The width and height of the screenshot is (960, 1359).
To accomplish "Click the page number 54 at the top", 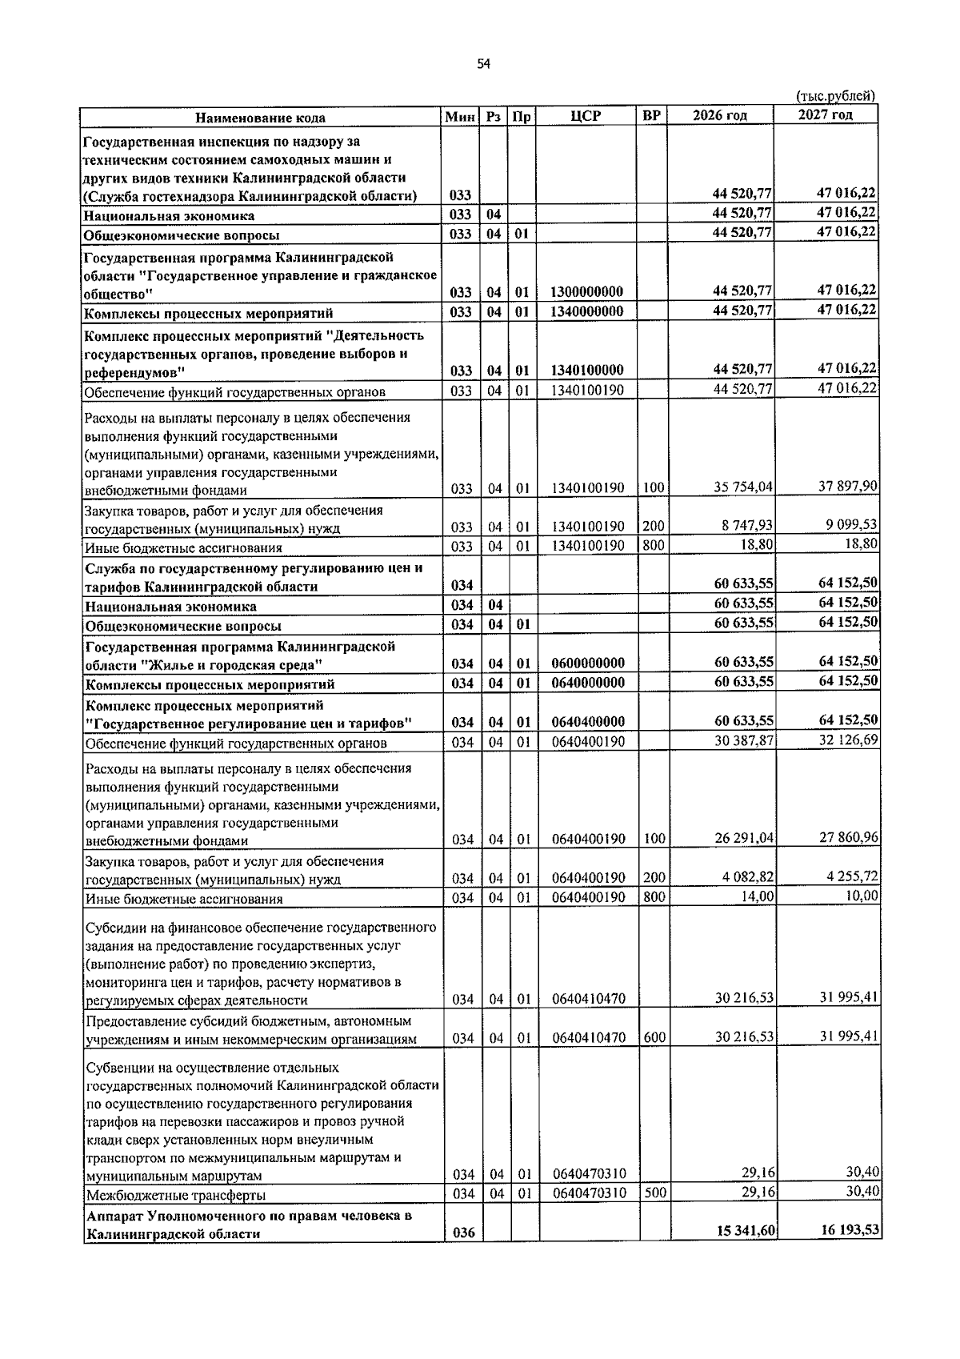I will click(482, 64).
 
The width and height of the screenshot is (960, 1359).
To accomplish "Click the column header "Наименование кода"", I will click(261, 118).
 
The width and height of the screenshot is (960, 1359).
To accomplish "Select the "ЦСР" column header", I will click(586, 116).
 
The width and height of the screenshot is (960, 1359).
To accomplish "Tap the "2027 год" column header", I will click(825, 114).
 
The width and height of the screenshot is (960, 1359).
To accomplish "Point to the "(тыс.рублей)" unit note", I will click(835, 96).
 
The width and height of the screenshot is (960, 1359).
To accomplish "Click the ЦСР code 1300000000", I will click(587, 292).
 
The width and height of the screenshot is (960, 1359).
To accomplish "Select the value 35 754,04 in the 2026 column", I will click(742, 487).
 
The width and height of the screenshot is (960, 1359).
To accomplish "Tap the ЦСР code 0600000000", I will click(587, 663).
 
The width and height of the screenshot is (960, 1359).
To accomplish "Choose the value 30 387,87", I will click(743, 741).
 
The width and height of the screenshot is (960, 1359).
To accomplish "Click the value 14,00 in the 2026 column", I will click(757, 897).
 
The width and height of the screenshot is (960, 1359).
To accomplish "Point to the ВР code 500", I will click(654, 1193).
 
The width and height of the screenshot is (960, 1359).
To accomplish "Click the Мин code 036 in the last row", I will click(463, 1255).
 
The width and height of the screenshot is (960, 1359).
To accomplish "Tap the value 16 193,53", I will click(850, 1252).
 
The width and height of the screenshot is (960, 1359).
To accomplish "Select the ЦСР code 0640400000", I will click(587, 723).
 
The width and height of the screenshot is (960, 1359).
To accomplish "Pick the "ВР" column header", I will click(652, 116).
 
